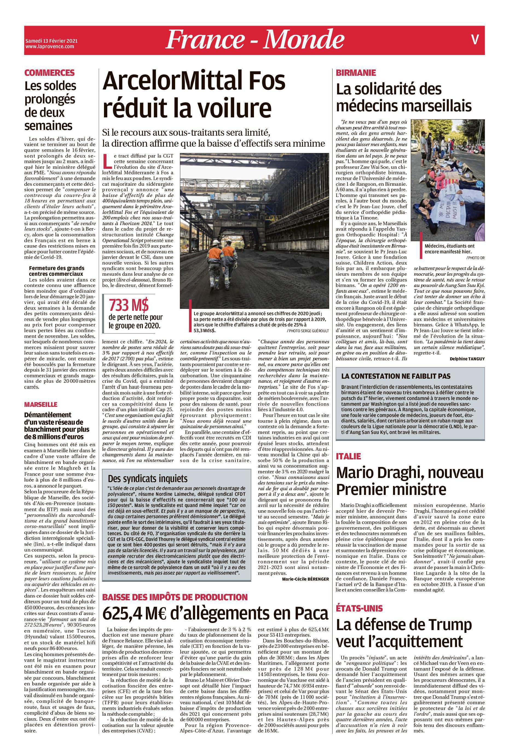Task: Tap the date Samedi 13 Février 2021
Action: click(x=51, y=41)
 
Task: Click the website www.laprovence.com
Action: click(x=50, y=47)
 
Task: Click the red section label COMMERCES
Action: click(x=50, y=73)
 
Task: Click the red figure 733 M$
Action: click(x=129, y=306)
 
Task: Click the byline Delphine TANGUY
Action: click(x=467, y=358)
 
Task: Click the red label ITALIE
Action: click(x=348, y=457)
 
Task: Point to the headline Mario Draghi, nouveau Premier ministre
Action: click(x=410, y=481)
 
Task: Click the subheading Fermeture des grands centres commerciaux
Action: click(x=57, y=271)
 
